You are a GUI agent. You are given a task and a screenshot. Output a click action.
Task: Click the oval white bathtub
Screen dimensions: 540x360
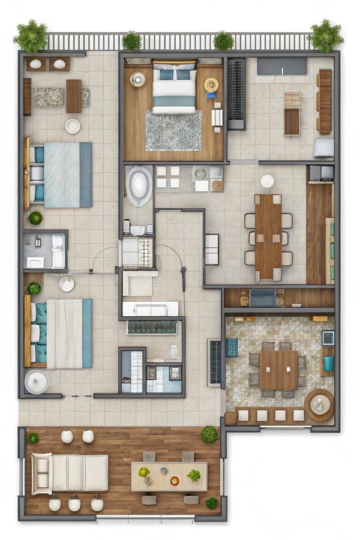[139, 185]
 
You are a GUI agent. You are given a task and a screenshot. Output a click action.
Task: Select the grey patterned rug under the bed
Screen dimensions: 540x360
[173, 131]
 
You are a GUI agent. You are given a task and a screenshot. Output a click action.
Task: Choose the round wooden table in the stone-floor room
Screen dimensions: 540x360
[319, 405]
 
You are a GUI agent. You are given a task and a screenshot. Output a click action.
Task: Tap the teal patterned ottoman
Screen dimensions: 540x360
[232, 347]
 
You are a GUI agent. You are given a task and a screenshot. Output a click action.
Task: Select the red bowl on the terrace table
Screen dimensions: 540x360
[175, 481]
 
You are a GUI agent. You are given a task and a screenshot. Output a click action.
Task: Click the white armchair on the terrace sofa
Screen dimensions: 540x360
[41, 473]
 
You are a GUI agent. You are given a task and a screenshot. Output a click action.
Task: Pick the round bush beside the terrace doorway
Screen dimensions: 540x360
[209, 434]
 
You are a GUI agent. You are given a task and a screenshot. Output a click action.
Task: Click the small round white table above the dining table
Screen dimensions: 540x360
[268, 181]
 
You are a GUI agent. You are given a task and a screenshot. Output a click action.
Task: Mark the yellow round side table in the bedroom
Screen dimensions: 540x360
[211, 85]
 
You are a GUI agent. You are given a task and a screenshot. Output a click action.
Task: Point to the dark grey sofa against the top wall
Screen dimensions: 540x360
[281, 66]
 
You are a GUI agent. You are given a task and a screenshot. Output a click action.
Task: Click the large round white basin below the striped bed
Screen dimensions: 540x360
[37, 382]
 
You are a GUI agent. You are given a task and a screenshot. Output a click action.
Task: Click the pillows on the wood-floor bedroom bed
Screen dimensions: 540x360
[174, 74]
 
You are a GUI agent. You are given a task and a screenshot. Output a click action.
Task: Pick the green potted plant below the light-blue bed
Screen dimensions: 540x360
[35, 218]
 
